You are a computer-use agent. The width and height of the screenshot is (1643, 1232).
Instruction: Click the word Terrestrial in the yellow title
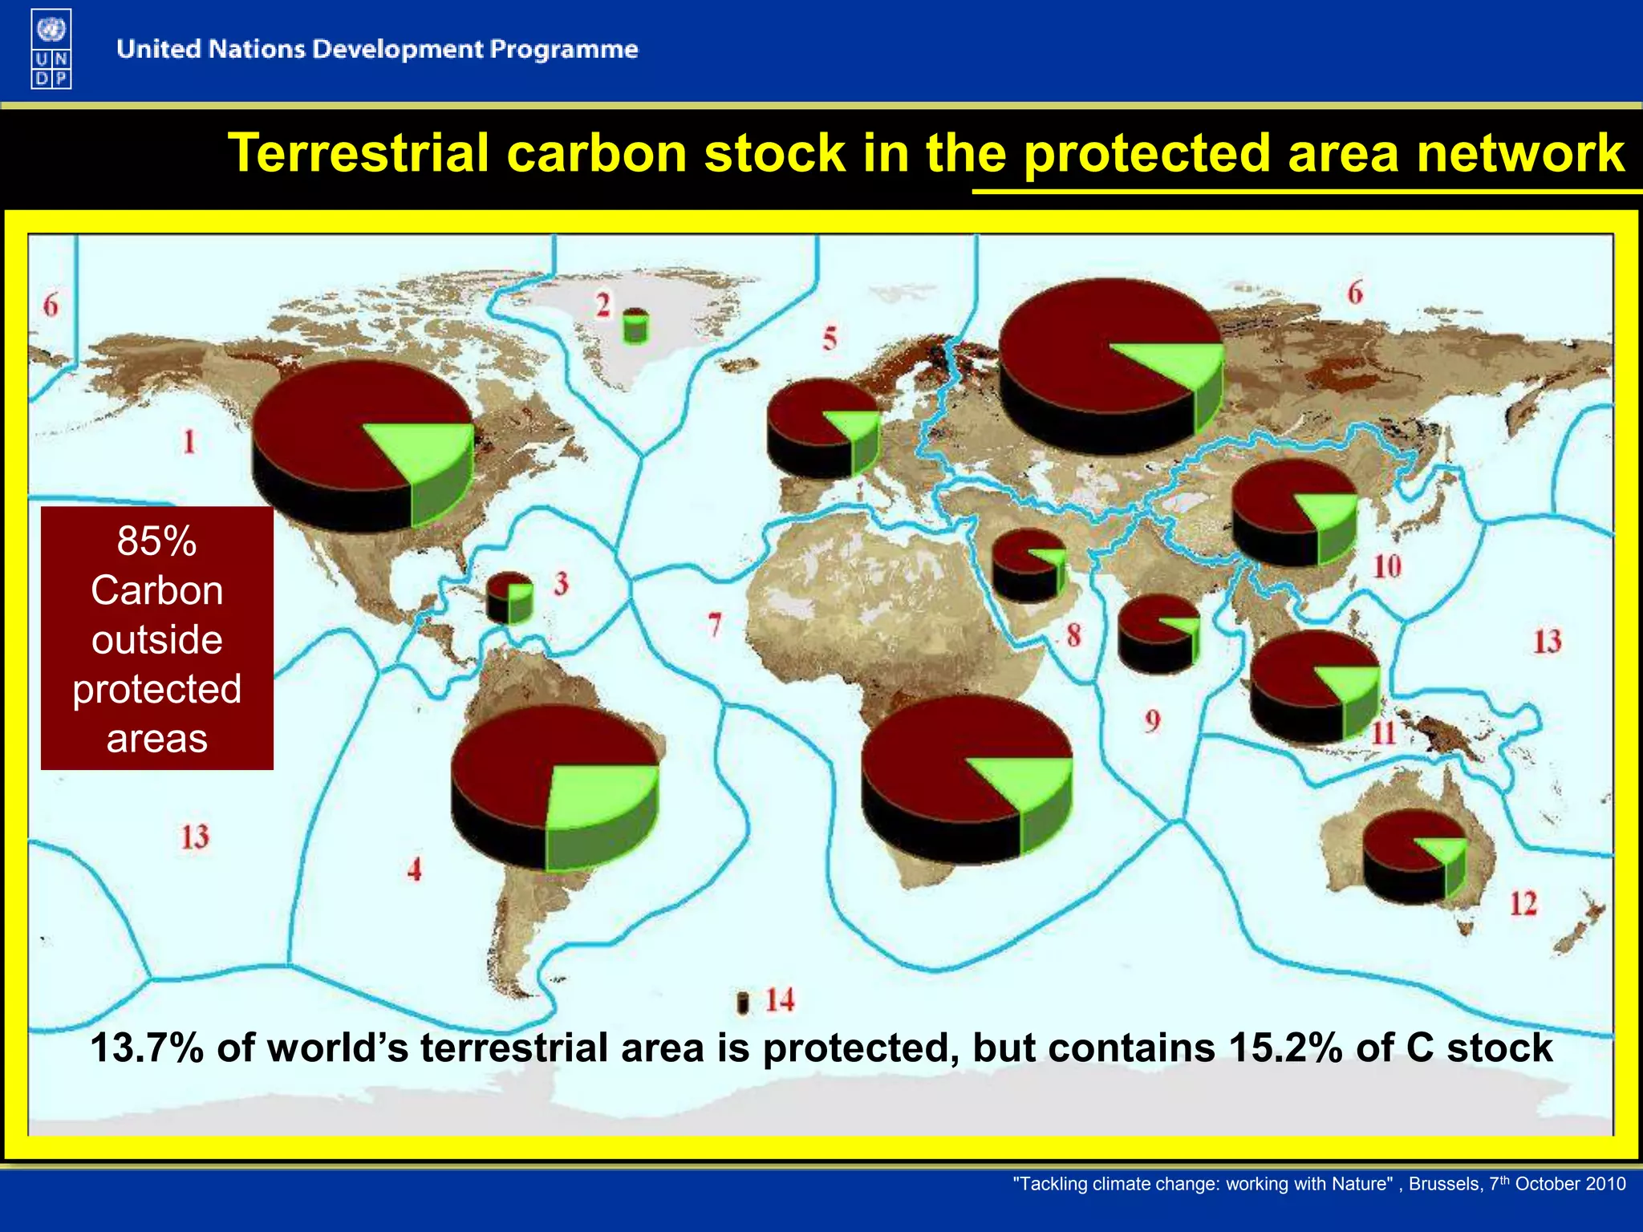point(358,152)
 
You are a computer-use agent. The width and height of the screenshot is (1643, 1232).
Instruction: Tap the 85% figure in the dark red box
point(156,540)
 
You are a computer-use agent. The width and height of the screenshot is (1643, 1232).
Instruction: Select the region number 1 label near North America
point(189,441)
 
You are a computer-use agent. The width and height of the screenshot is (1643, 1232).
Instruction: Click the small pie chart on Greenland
point(635,325)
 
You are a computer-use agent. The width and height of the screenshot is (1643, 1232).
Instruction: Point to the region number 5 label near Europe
point(829,338)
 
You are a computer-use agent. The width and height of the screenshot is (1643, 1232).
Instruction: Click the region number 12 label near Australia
point(1523,904)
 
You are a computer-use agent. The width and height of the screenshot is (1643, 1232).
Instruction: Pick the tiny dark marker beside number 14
point(742,1003)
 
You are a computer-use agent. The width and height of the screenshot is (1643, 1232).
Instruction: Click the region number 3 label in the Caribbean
point(561,583)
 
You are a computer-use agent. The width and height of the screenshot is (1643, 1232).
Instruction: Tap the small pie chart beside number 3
point(509,598)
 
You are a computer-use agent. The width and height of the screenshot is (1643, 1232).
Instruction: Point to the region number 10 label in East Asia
point(1386,566)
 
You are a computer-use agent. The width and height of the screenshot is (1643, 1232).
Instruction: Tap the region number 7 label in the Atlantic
point(714,624)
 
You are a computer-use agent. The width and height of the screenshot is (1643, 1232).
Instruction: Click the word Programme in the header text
point(563,49)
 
